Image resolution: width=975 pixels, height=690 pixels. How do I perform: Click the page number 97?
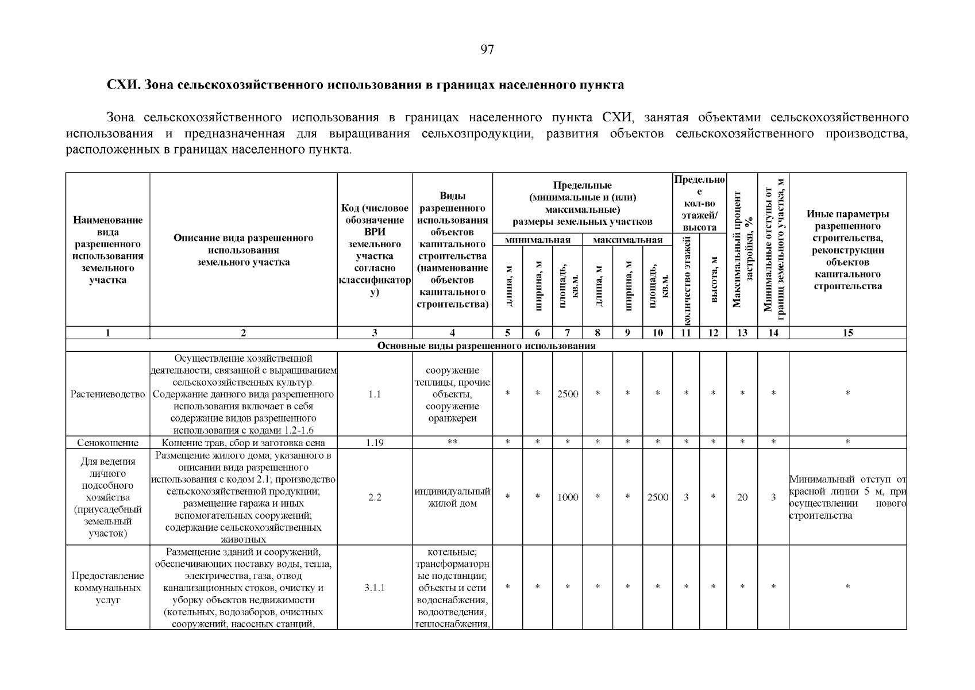487,50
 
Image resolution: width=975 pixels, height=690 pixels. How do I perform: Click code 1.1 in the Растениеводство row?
375,394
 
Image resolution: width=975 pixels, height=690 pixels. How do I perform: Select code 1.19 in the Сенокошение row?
375,443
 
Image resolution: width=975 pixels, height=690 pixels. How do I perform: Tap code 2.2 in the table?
375,497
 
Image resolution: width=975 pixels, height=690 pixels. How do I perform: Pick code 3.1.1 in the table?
375,588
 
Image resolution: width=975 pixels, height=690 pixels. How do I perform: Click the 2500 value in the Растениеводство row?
568,394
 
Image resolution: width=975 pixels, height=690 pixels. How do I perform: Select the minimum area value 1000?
568,497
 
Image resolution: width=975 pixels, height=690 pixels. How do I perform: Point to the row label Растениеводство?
108,394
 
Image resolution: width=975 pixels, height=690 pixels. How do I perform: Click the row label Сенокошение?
108,443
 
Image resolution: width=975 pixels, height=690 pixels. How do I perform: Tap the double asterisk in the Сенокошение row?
452,442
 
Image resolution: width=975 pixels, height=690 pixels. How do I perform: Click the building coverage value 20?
742,497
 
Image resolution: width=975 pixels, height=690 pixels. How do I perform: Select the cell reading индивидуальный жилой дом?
452,497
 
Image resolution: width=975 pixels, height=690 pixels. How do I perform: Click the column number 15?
847,332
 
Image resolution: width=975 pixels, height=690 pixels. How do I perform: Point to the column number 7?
568,332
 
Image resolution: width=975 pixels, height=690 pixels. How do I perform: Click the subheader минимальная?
537,240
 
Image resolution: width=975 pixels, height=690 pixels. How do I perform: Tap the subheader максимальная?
627,240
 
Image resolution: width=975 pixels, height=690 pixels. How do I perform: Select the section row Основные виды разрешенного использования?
486,346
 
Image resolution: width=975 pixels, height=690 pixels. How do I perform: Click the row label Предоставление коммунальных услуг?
108,588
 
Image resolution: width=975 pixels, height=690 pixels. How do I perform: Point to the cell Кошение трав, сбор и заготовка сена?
244,443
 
